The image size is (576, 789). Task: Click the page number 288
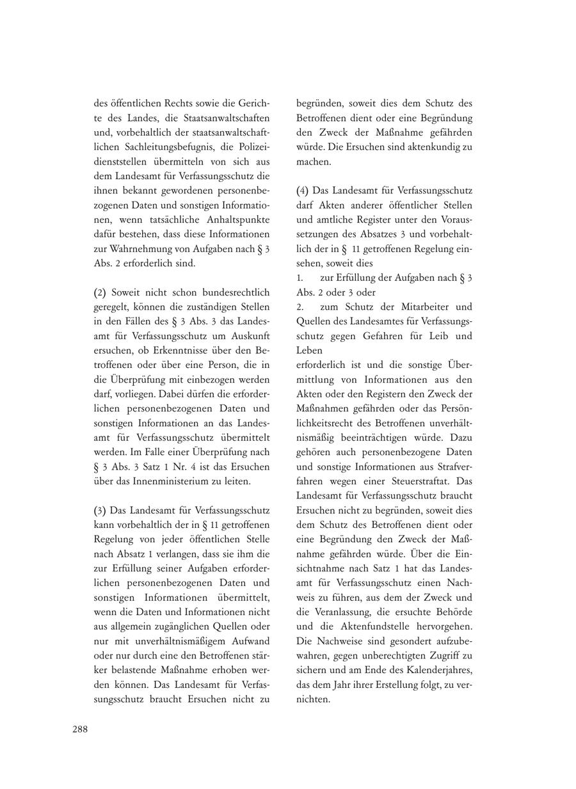(x=79, y=729)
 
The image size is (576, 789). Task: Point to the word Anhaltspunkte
(x=239, y=219)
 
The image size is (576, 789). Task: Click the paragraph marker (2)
(x=100, y=292)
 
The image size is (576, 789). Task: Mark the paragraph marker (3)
(x=100, y=510)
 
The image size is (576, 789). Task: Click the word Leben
(x=310, y=350)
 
